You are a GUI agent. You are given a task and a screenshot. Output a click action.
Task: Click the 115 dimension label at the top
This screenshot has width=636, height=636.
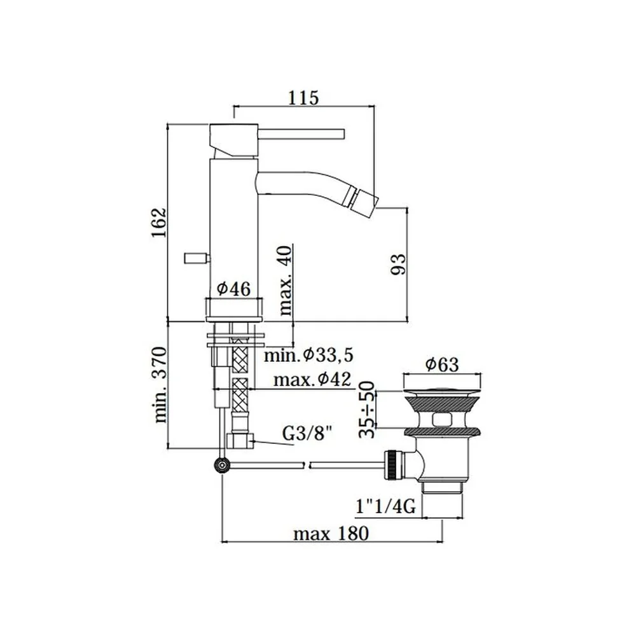303,97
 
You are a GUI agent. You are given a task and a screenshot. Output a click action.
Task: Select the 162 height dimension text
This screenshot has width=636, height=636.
160,223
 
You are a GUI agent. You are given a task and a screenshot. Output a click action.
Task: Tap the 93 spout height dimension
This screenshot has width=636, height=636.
398,264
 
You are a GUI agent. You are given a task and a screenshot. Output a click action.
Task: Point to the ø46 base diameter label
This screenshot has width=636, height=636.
233,289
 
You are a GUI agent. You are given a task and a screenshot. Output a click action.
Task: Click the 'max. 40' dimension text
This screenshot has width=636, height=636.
285,280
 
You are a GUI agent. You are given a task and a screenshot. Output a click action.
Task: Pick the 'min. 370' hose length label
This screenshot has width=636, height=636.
160,385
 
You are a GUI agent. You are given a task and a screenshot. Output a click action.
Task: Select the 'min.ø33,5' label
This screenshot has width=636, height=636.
308,356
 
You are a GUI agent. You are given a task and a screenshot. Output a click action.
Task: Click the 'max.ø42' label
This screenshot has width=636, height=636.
312,380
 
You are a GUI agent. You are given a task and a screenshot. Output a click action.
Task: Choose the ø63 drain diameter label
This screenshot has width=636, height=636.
442,364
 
